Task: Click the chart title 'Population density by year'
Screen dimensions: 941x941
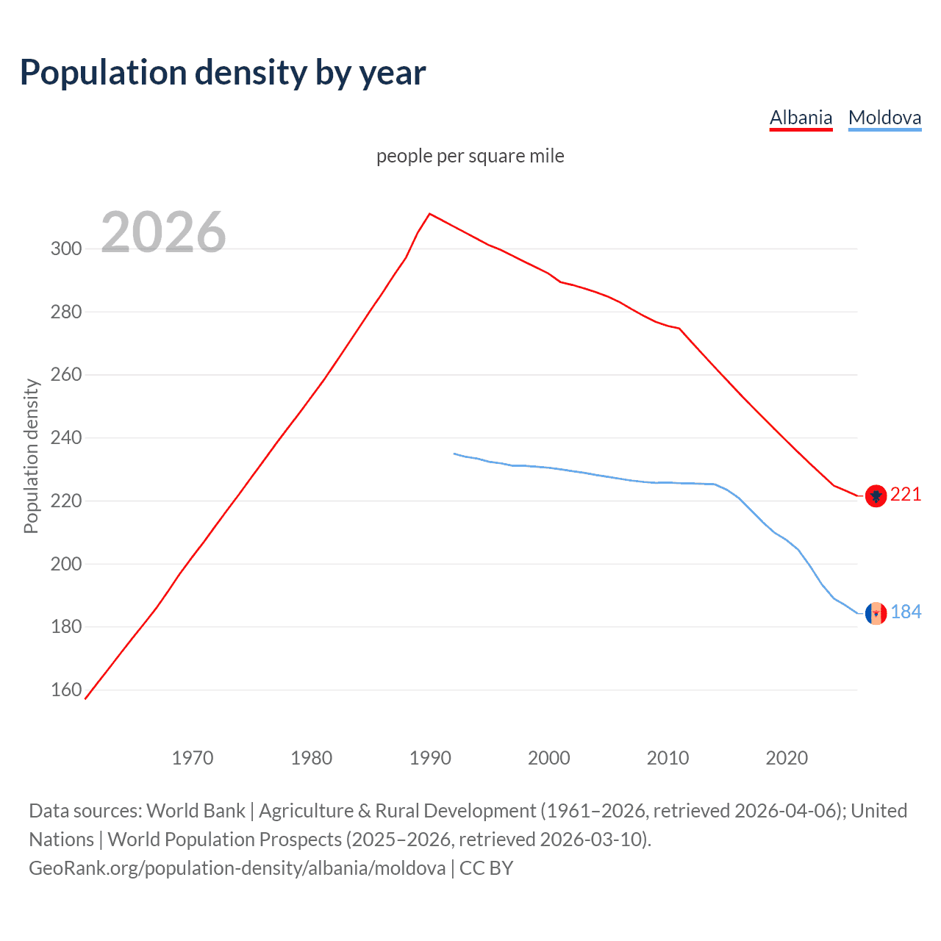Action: tap(223, 73)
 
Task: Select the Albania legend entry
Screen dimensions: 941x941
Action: tap(801, 118)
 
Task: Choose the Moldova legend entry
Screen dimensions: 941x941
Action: tap(884, 118)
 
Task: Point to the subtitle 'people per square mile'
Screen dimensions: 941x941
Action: tap(470, 156)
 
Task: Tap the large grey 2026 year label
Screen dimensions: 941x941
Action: tap(163, 232)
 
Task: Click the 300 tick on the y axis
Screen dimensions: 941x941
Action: tap(66, 248)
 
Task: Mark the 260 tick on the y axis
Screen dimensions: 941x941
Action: tap(66, 375)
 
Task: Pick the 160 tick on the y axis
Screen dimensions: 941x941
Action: tap(66, 690)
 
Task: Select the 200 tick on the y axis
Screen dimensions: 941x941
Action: tap(66, 564)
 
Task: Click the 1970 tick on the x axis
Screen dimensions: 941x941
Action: tap(193, 758)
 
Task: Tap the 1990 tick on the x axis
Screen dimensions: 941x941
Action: tap(430, 758)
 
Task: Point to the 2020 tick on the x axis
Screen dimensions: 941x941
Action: tap(787, 758)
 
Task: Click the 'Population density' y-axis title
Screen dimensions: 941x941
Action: tap(31, 456)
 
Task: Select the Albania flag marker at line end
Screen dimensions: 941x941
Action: tap(875, 496)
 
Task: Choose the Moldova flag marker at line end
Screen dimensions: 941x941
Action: tap(876, 613)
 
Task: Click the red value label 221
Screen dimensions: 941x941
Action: tap(906, 495)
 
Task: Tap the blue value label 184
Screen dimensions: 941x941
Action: tap(906, 612)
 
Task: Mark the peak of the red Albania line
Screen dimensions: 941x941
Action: tap(430, 214)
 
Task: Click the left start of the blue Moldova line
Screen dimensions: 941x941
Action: tap(454, 454)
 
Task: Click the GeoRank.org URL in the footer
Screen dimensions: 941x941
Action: tap(237, 868)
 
